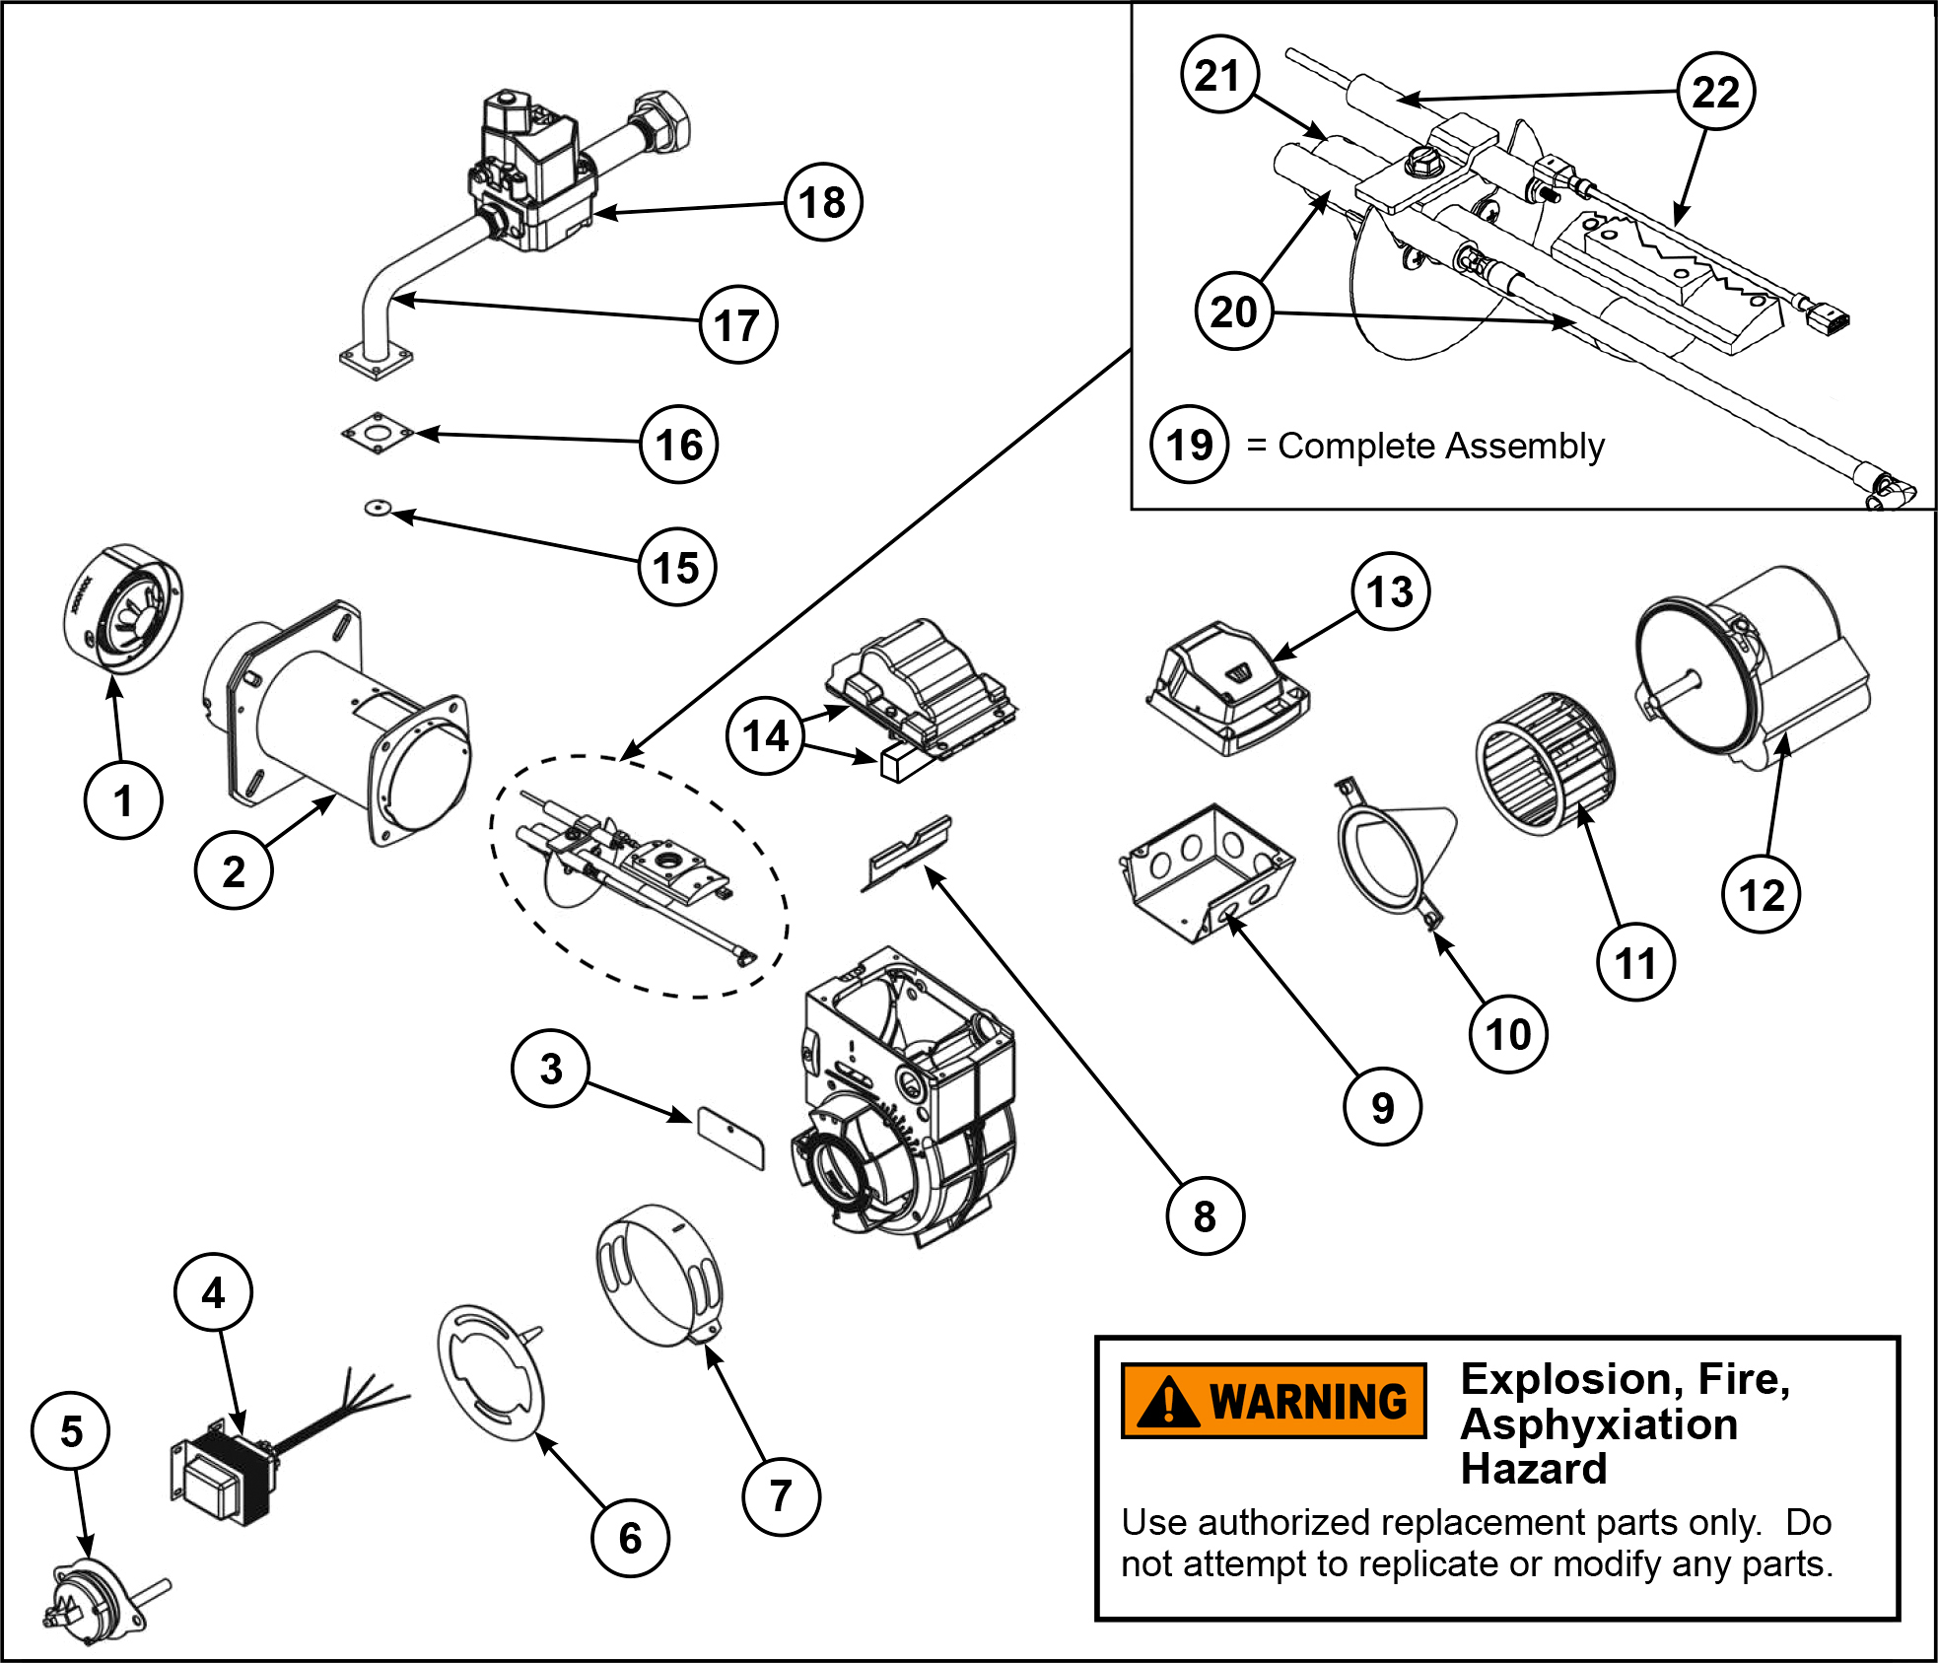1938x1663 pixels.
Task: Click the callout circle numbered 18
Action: (x=823, y=202)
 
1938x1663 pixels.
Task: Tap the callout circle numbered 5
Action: (x=71, y=1430)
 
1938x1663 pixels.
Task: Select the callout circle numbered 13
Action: (x=1390, y=591)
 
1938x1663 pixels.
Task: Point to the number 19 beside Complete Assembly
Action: (x=1189, y=445)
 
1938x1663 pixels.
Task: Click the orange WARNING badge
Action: (x=1274, y=1401)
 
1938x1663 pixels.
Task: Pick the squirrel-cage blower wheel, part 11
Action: (x=1545, y=763)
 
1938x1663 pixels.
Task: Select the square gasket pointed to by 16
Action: (x=377, y=435)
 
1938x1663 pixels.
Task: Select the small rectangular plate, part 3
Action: (x=730, y=1137)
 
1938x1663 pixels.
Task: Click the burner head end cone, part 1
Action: (x=122, y=608)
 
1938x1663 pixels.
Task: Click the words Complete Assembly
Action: (x=1440, y=447)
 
